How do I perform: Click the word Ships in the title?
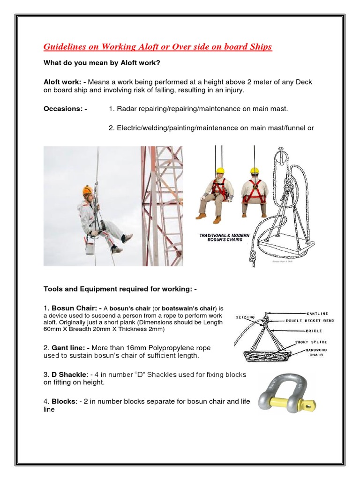(x=257, y=47)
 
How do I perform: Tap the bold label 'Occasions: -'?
(x=65, y=109)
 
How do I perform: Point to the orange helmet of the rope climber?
(x=87, y=190)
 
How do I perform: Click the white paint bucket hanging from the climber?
(x=89, y=247)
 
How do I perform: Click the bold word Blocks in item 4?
(x=63, y=402)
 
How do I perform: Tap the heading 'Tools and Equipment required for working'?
(x=120, y=289)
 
